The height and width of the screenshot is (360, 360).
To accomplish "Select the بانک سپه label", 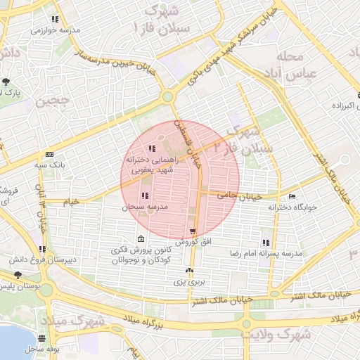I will [x=49, y=165].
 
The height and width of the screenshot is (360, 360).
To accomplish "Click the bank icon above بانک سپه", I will [x=49, y=154].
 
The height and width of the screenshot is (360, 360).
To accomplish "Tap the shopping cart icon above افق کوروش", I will [x=193, y=231].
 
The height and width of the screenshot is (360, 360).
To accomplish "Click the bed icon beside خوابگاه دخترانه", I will [x=292, y=196].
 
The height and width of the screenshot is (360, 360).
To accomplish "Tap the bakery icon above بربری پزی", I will [x=188, y=271].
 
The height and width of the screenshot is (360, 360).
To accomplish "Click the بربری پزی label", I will [x=188, y=282].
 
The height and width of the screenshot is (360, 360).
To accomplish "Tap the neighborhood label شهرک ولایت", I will [x=284, y=336].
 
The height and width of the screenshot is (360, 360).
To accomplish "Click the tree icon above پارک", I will [x=6, y=81].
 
